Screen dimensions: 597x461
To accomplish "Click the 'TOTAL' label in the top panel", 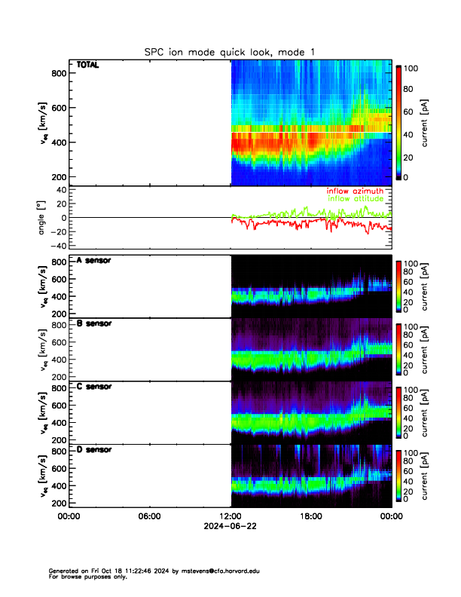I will (88, 65).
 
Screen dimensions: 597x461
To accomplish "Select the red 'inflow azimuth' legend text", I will (354, 191).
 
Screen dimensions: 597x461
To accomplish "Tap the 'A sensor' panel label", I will (94, 260).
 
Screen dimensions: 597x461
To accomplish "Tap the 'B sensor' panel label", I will (94, 323).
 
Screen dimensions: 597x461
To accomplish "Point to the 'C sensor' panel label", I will (94, 387).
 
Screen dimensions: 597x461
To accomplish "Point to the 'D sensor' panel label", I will (94, 449).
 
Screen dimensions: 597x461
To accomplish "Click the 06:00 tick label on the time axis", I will (149, 516).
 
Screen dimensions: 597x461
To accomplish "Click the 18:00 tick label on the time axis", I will (311, 516).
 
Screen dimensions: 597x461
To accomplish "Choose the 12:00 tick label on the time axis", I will (230, 516).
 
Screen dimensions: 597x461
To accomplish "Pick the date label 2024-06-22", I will (230, 526).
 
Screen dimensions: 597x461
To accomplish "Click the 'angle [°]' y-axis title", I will (43, 218).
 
